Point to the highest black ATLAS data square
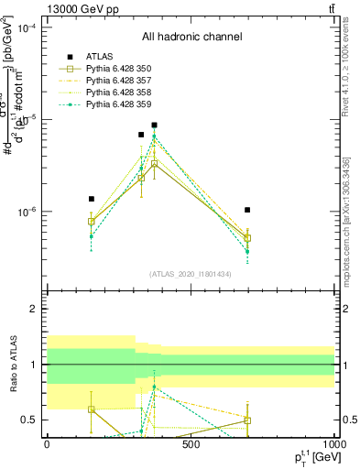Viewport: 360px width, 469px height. tap(155, 125)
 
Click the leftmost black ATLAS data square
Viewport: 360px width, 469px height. tap(92, 199)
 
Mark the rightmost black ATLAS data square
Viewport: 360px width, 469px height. tap(247, 210)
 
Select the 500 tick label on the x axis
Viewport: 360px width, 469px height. tap(191, 445)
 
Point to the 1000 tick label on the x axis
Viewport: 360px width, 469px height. tap(332, 445)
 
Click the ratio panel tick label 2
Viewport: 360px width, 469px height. tap(36, 310)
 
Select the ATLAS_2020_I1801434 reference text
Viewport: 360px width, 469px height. tap(191, 274)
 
